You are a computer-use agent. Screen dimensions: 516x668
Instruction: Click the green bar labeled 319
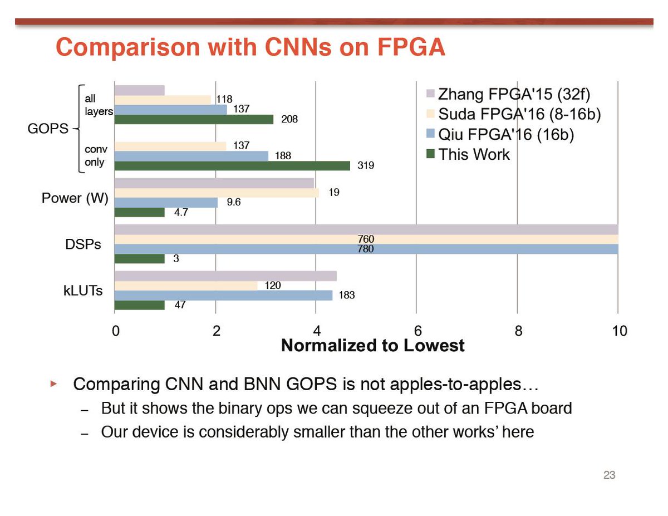coord(232,165)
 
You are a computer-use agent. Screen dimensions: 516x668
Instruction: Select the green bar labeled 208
coord(194,119)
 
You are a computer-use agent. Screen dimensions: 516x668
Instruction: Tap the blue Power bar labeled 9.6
coord(166,203)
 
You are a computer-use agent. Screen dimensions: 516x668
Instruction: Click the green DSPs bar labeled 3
coord(139,259)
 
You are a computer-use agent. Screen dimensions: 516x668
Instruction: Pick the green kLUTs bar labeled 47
coord(139,305)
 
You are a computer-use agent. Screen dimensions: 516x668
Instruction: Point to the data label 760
coord(365,239)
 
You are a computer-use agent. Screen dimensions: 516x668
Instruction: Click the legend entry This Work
coord(474,154)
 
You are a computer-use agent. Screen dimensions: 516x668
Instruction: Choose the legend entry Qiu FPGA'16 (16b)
coord(506,134)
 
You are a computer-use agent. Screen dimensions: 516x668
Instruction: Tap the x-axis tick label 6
coord(416,331)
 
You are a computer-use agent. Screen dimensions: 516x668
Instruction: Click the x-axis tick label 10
coord(618,331)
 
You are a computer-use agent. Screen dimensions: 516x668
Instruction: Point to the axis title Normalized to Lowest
coord(372,346)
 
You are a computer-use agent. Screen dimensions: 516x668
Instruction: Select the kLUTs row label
coord(83,291)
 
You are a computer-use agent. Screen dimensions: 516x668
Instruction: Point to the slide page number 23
coord(609,476)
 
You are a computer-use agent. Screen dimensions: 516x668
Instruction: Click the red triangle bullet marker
coord(54,384)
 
